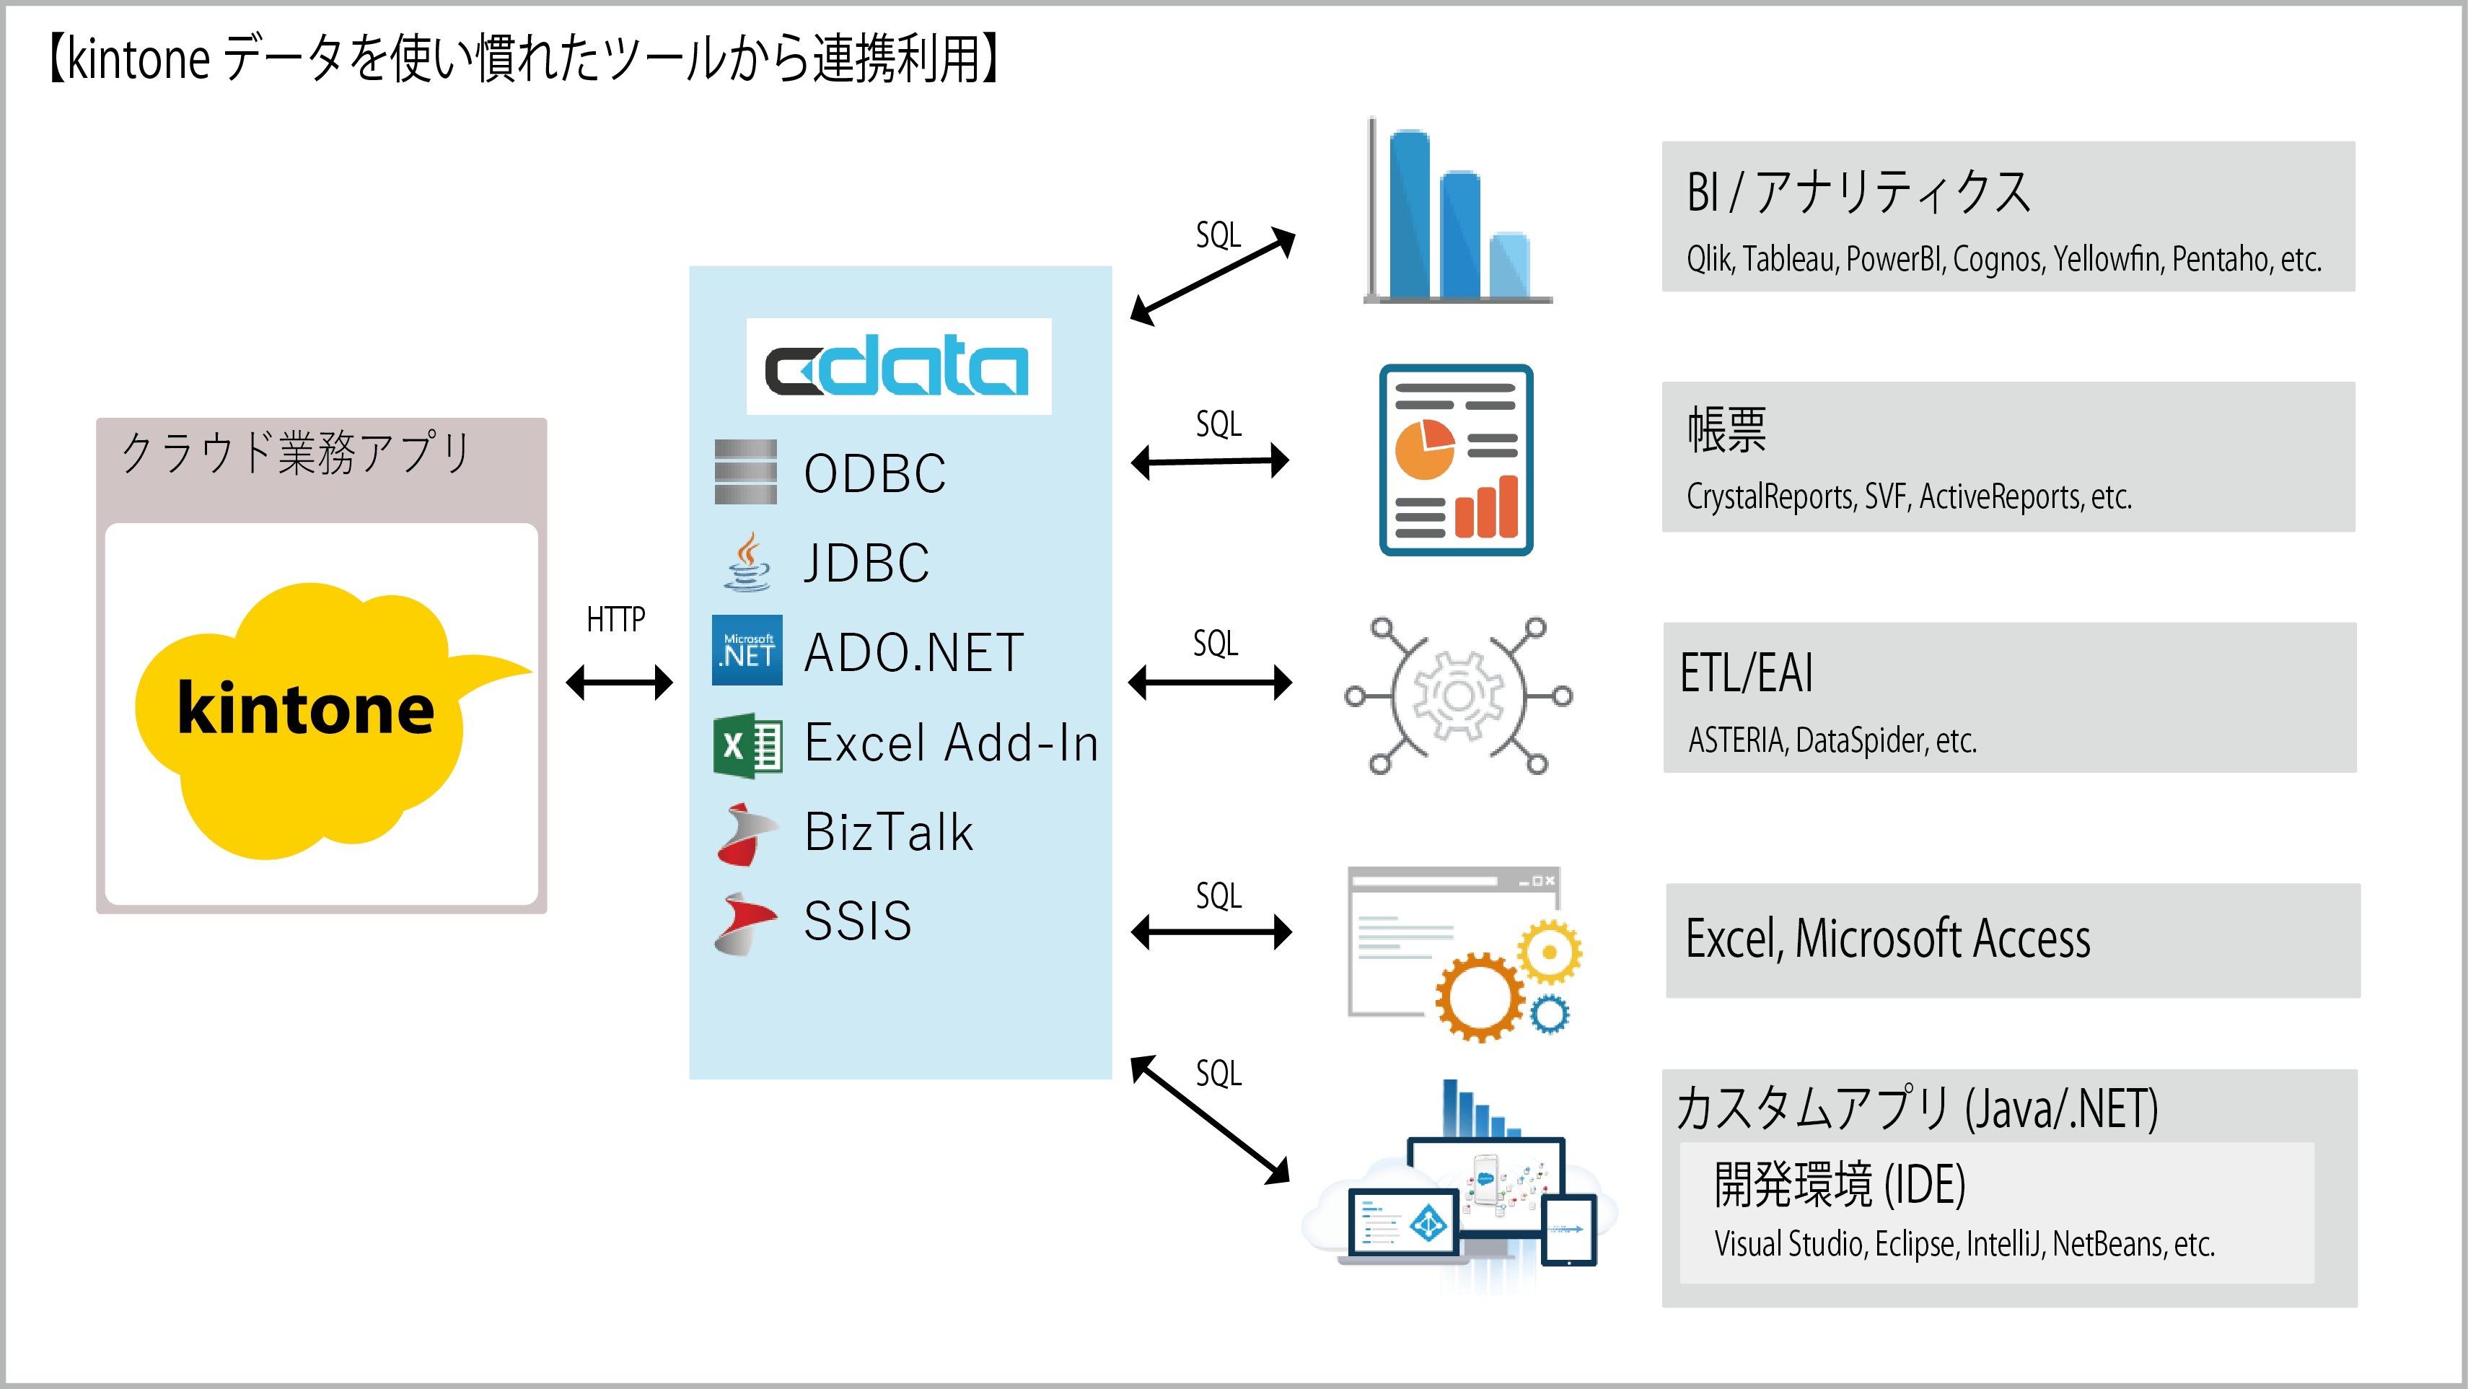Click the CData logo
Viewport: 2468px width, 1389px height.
coord(897,366)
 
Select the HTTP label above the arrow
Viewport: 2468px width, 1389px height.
coord(615,620)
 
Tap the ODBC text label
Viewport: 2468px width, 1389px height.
coord(874,473)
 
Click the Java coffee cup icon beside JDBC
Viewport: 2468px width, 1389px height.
coord(747,562)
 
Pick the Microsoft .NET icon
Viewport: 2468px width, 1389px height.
coord(747,650)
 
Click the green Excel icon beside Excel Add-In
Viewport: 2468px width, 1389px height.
coord(747,745)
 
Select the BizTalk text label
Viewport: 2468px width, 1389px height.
coord(888,831)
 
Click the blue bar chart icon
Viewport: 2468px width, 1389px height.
coord(1457,216)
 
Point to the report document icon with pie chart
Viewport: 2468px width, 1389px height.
coord(1455,460)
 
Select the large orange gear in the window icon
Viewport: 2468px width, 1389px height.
coord(1479,996)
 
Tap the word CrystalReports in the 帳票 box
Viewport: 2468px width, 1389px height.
coord(1770,497)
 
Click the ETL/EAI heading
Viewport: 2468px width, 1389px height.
coord(1746,672)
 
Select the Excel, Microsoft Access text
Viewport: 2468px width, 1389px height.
coord(1887,939)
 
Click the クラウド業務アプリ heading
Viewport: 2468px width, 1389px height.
coord(295,452)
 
